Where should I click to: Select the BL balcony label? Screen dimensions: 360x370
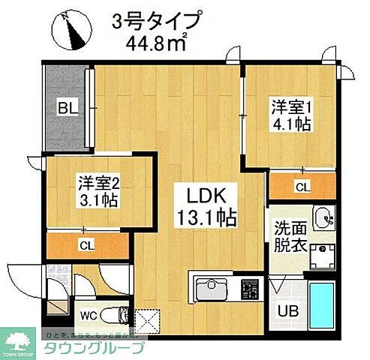67,109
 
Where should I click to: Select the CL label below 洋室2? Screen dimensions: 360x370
88,244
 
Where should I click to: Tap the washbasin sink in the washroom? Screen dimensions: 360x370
326,217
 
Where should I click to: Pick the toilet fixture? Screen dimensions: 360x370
116,313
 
